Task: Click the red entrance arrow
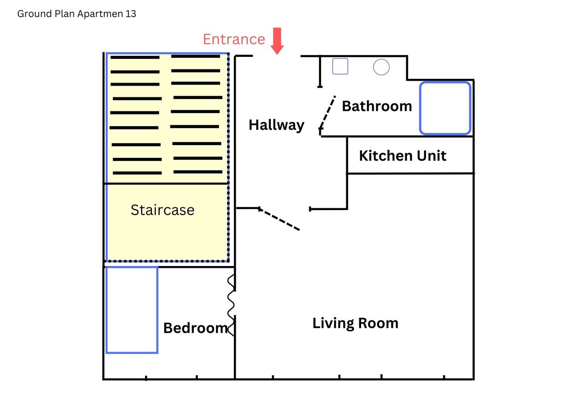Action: pos(277,41)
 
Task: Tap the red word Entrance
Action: pos(234,39)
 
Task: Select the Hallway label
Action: pos(276,125)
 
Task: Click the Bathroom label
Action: pos(377,106)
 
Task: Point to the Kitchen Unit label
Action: pos(403,156)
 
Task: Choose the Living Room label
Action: pos(356,324)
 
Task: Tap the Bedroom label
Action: pos(196,328)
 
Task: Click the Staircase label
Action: pos(162,210)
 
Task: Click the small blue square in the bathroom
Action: pos(340,66)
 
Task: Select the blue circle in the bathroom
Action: pos(381,67)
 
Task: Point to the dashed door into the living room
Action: pos(279,219)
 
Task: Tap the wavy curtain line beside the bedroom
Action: pos(231,305)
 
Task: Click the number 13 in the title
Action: pos(131,14)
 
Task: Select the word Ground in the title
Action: pos(35,14)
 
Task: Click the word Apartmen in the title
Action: pos(100,14)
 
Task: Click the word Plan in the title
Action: pos(64,14)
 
